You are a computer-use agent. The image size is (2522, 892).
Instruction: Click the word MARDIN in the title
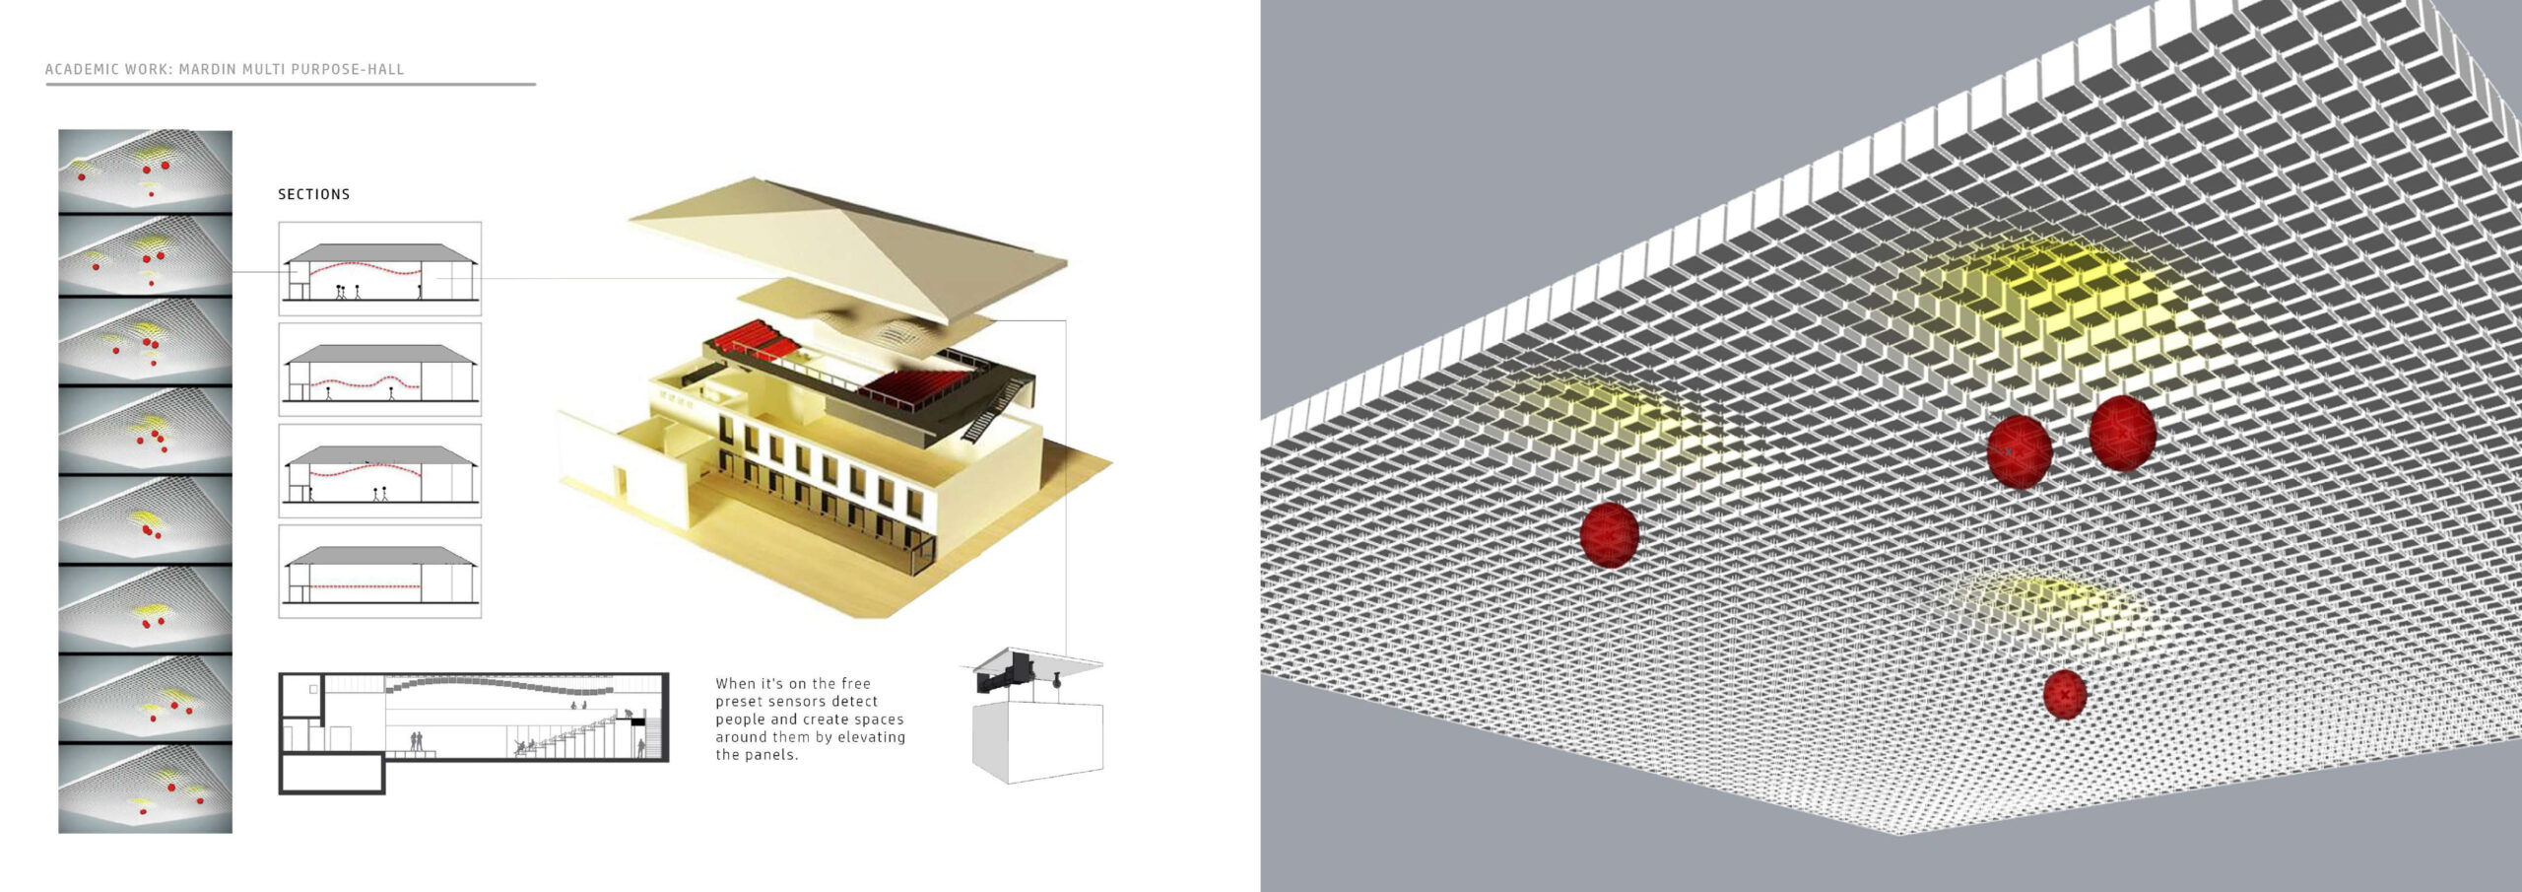[x=204, y=69]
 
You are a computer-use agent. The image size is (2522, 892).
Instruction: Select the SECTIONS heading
[x=313, y=194]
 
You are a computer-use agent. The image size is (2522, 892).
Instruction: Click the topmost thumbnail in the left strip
[x=145, y=172]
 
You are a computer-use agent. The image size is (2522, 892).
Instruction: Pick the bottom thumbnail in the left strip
[x=145, y=789]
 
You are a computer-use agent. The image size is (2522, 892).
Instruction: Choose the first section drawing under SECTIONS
[x=379, y=268]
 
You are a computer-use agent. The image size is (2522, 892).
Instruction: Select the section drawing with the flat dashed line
[x=379, y=572]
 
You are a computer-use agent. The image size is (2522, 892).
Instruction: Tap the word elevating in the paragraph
[x=872, y=736]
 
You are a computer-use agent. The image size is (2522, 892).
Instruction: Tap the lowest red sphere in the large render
[x=2064, y=694]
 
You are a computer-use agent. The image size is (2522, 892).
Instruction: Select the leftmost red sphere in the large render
[x=1609, y=534]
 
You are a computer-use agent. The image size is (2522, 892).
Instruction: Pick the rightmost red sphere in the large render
[x=2122, y=433]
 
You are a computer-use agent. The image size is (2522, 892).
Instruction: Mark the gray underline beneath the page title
[x=290, y=85]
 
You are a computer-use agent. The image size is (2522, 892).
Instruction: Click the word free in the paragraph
[x=855, y=683]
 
